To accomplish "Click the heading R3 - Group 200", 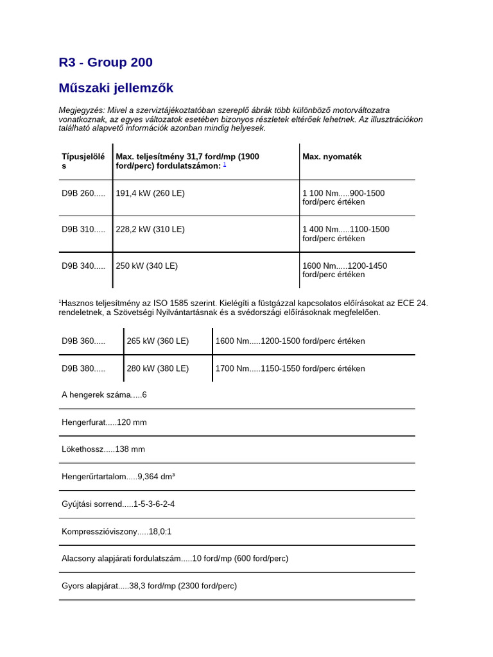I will click(x=105, y=62).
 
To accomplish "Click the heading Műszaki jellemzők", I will click(x=116, y=88).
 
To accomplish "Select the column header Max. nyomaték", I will click(x=332, y=157).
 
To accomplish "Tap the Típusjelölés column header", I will click(x=83, y=161).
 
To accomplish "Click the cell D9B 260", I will click(x=83, y=193).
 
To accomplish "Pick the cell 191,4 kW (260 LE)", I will click(x=150, y=193).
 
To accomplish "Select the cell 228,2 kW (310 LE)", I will click(x=150, y=229).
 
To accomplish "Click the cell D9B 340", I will click(x=83, y=266).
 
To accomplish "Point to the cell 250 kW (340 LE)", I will click(x=146, y=266).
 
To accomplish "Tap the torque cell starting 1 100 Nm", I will click(x=343, y=198).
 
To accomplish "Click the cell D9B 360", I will click(x=83, y=341).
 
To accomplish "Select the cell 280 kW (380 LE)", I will click(x=157, y=368).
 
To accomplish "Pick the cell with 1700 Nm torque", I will click(x=290, y=368).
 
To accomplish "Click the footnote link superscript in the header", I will click(x=225, y=164).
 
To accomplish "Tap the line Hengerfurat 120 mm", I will click(x=104, y=422).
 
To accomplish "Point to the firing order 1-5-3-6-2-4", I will click(x=154, y=504).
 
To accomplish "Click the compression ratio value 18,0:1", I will click(x=160, y=532).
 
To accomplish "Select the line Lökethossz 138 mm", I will click(x=103, y=449).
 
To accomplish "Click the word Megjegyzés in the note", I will click(x=81, y=110).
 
